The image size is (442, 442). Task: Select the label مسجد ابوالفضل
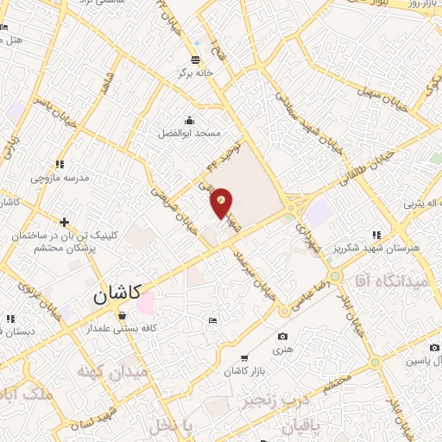click(x=189, y=134)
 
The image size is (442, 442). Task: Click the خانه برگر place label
click(x=196, y=74)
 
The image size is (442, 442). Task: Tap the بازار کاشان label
click(x=245, y=369)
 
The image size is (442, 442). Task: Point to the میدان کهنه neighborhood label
click(x=112, y=372)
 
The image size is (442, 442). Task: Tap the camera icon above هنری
click(x=282, y=336)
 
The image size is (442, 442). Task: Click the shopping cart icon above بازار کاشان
click(x=245, y=357)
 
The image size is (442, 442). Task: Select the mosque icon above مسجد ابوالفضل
click(x=189, y=121)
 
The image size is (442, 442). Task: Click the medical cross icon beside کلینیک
click(x=65, y=220)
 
